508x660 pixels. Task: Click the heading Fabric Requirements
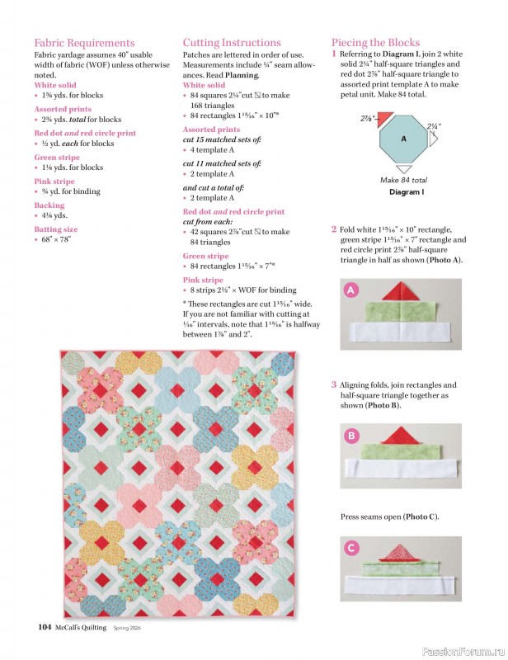tap(84, 43)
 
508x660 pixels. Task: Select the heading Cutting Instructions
tap(232, 43)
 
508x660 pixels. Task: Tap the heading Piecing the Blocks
tap(375, 43)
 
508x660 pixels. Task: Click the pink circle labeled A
tap(350, 290)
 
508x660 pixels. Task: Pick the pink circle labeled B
tap(350, 436)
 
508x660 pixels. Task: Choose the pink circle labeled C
tap(350, 548)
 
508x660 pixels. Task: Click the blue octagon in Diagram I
tap(403, 139)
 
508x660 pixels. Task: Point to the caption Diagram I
tap(406, 191)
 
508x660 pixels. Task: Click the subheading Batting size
tap(56, 229)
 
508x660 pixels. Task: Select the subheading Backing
tap(49, 205)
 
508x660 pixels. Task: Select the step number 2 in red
tap(334, 229)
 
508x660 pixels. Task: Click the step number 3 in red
tap(334, 384)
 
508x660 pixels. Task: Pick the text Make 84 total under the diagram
tap(404, 179)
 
